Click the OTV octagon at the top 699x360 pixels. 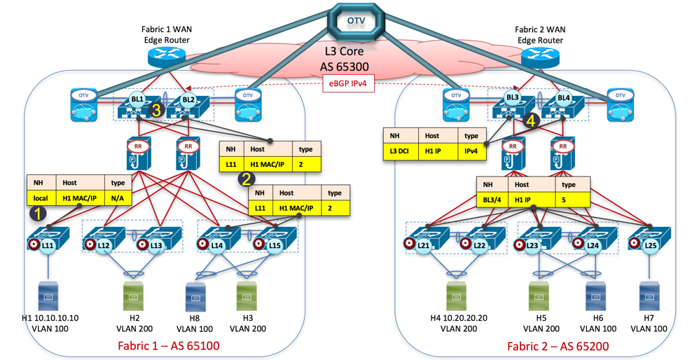tap(356, 21)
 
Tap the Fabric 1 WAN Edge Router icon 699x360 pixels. tap(168, 56)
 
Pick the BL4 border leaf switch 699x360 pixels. tap(565, 104)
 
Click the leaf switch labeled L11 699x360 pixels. tap(47, 241)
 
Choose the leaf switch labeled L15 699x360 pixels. tap(274, 241)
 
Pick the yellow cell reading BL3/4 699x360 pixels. tap(493, 200)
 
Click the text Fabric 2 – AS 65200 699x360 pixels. tap(558, 346)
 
